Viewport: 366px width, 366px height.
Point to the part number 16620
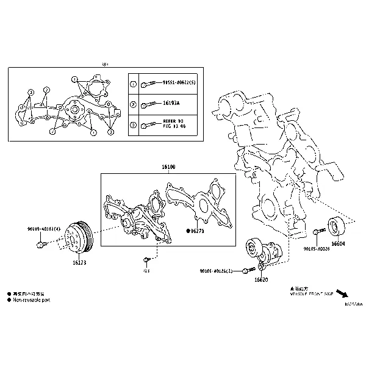261,279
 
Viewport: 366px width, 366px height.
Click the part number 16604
339,244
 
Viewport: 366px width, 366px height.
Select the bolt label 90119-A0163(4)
44,228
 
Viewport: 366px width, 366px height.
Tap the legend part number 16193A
171,104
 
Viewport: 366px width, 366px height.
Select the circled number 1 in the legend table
134,84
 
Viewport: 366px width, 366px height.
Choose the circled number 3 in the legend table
134,126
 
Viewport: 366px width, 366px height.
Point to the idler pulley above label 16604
337,226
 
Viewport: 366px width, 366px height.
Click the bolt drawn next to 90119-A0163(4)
41,244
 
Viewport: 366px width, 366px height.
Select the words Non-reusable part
31,301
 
